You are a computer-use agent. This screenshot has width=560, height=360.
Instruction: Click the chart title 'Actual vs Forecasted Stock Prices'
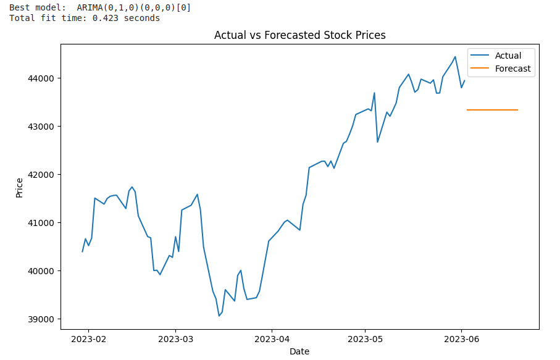(x=299, y=35)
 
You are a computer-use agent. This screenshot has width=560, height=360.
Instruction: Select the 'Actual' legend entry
(x=508, y=56)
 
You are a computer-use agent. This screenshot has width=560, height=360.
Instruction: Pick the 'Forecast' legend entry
(x=512, y=69)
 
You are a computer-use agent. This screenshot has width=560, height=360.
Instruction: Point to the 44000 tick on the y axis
(x=41, y=78)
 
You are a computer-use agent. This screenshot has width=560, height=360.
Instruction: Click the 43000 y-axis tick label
(x=41, y=127)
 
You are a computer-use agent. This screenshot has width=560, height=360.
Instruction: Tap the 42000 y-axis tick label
(x=41, y=175)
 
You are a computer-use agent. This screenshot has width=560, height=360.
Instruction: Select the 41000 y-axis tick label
(x=41, y=223)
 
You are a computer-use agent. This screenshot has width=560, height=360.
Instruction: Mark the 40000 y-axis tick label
(x=41, y=271)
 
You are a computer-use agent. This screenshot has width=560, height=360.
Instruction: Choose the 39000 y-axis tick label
(x=41, y=319)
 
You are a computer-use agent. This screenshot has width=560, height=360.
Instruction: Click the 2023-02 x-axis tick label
(x=88, y=338)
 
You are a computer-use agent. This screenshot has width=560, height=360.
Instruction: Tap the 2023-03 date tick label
(x=175, y=338)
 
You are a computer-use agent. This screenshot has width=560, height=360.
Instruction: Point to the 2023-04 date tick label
(x=272, y=338)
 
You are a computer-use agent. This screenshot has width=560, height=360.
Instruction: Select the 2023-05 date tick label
(x=365, y=338)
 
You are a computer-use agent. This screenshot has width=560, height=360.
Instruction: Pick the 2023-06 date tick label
(x=461, y=338)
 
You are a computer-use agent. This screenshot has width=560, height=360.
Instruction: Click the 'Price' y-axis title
(x=19, y=187)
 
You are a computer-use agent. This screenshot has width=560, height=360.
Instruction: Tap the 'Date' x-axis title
(x=299, y=351)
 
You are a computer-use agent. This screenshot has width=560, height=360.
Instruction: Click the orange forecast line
(x=492, y=110)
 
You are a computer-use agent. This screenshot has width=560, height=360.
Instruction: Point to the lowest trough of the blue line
(x=219, y=316)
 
